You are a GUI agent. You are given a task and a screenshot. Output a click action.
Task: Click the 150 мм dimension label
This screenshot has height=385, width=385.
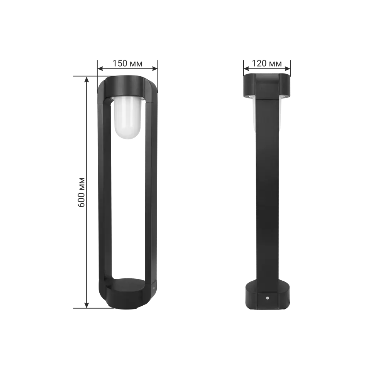127,64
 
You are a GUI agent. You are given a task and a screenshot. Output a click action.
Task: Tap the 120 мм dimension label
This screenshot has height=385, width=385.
267,64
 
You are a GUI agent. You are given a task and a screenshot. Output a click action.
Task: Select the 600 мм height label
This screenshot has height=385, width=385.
82,192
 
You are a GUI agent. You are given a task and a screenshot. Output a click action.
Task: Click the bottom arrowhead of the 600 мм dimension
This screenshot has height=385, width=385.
86,305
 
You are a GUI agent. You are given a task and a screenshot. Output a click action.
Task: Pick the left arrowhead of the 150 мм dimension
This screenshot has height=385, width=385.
100,69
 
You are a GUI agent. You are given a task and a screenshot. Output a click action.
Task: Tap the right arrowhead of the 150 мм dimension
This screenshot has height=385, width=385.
155,69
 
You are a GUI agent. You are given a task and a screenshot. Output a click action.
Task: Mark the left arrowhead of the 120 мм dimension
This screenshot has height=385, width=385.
246,69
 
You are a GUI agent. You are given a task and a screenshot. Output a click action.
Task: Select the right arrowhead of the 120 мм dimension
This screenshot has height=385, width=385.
288,69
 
